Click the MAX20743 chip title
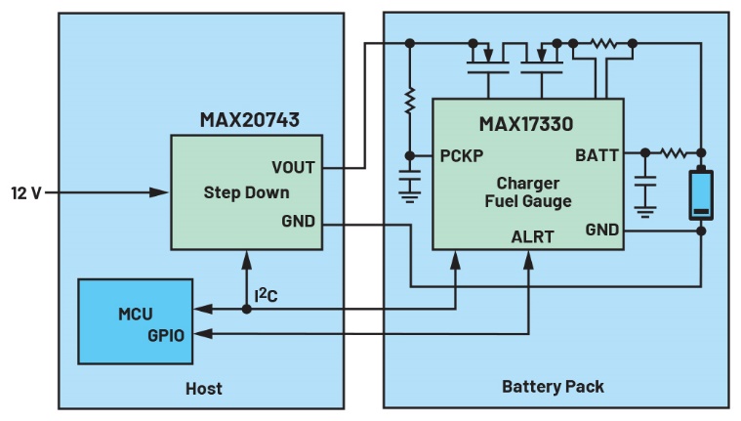(249, 120)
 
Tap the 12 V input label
(26, 192)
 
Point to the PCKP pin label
(462, 155)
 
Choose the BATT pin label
(597, 154)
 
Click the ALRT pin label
(532, 236)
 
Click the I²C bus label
(268, 292)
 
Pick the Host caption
(203, 388)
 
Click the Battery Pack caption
(553, 386)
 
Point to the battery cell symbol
(701, 195)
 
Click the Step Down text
(246, 192)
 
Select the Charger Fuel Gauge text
(527, 192)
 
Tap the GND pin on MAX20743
(298, 221)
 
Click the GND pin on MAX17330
(601, 231)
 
